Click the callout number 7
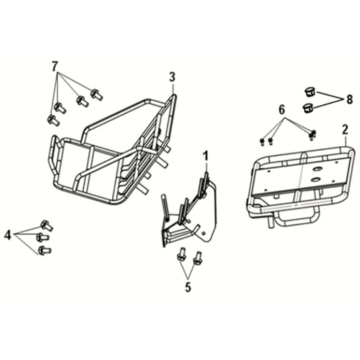(55, 66)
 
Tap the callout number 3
(172, 78)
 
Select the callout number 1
(206, 156)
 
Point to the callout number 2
(345, 129)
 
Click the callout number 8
(349, 99)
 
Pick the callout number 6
(282, 110)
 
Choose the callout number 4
(8, 235)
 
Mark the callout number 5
(188, 287)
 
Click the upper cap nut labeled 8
(310, 91)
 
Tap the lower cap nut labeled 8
(307, 108)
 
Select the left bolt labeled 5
(182, 255)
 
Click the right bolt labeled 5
(198, 256)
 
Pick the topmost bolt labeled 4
(46, 226)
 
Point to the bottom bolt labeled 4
(44, 250)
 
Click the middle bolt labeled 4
(42, 237)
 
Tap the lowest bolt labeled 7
(53, 120)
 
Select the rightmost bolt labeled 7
(96, 94)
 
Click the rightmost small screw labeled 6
(312, 134)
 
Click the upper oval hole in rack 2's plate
(315, 169)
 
